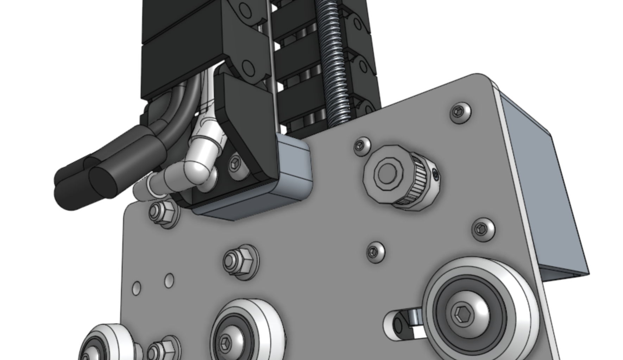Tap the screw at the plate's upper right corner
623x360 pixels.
tap(460, 112)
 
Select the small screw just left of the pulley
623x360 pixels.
tap(361, 145)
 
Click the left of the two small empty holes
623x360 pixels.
tap(137, 288)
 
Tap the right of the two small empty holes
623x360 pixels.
tap(169, 281)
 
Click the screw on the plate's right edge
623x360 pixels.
tap(483, 230)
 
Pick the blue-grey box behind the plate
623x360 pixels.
tap(549, 197)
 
